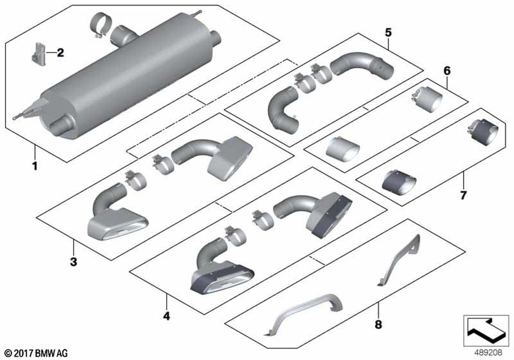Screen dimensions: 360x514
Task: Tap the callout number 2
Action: (x=60, y=52)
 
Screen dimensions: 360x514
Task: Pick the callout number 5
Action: (x=388, y=32)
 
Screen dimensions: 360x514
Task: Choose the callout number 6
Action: (x=447, y=70)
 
